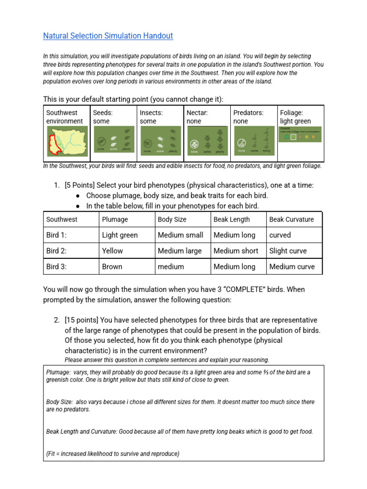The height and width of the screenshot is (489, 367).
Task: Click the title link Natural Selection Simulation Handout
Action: point(108,36)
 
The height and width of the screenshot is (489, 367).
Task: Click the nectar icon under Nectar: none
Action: point(206,140)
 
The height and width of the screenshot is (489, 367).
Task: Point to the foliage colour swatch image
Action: point(300,136)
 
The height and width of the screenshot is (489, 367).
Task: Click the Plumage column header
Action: point(115,219)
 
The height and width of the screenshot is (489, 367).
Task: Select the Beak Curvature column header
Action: point(291,219)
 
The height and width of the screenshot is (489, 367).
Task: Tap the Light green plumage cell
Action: point(120,235)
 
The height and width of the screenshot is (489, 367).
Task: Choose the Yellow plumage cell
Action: point(112,251)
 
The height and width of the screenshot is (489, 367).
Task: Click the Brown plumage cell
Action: point(112,266)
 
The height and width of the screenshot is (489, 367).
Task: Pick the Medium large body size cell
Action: point(180,251)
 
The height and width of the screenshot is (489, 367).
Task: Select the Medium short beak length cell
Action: point(236,251)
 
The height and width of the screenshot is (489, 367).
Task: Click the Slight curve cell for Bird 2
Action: point(288,251)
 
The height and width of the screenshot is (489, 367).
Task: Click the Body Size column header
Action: point(172,219)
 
